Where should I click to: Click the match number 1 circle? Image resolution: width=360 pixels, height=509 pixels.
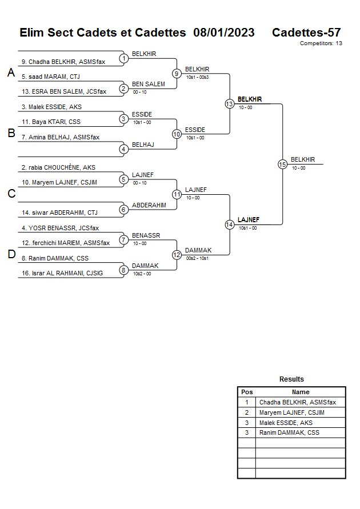coord(123,58)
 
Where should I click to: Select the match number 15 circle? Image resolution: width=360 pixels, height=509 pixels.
coord(282,164)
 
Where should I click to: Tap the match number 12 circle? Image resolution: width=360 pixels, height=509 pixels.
coord(177,254)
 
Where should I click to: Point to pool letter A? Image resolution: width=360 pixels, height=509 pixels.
coord(10,73)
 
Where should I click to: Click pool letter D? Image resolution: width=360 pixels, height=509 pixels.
coord(11,254)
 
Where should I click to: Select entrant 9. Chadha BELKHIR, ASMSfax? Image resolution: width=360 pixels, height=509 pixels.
coord(63,62)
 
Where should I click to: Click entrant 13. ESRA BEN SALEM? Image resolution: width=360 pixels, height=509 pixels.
coord(64,91)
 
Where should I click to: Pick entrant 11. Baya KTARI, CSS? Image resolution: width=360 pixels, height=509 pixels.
coord(51,122)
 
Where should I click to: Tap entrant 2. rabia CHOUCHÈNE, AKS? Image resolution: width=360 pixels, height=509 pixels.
coord(58,167)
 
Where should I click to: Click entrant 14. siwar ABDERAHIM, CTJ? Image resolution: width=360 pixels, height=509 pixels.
coord(59,213)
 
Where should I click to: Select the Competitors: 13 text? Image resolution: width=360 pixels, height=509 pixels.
coord(321,43)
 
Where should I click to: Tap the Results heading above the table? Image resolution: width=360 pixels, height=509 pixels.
coord(291,379)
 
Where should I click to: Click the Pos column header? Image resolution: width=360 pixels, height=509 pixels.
coord(247,392)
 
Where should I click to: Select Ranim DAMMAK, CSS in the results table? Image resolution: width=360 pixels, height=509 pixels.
coord(289,432)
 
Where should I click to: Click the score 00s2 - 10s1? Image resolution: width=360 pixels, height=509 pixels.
coord(197,258)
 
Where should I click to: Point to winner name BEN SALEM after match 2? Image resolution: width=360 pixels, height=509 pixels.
coord(148,84)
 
